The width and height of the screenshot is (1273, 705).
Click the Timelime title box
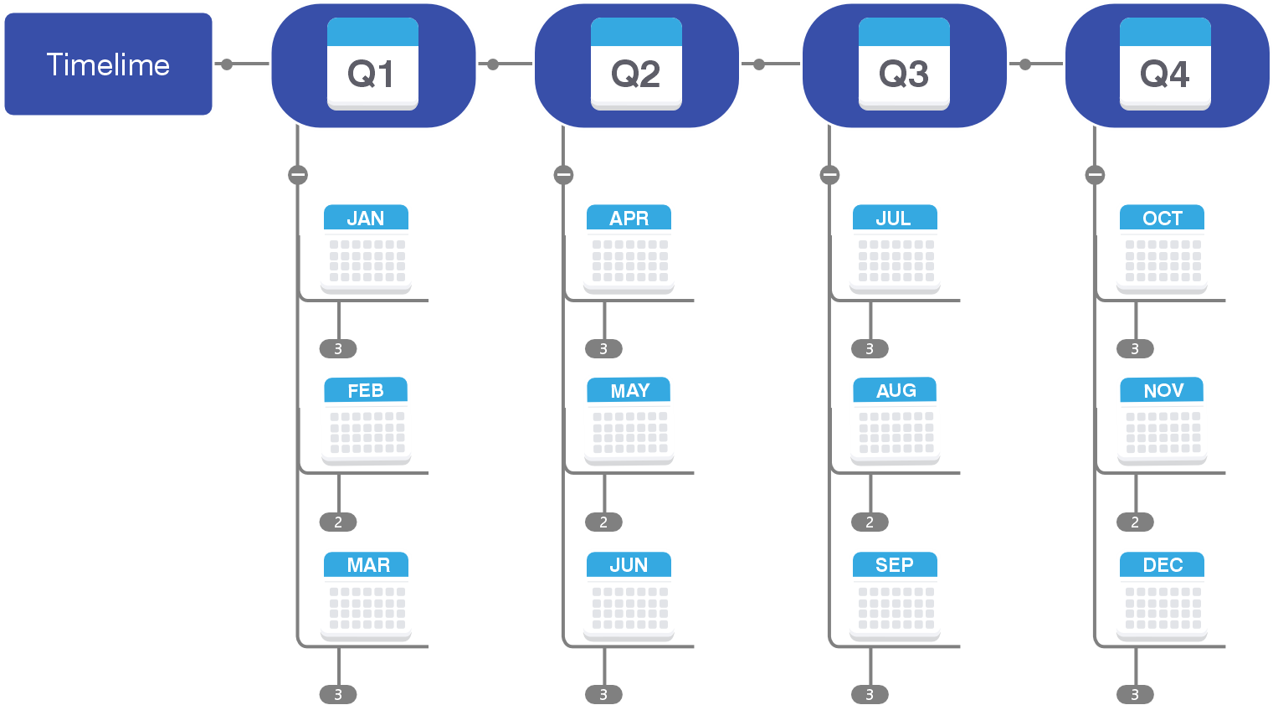108,64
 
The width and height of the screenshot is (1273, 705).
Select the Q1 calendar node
373,65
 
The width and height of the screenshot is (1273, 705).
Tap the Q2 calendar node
636,65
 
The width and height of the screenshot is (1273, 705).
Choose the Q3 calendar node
904,65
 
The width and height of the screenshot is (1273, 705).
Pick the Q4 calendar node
1166,65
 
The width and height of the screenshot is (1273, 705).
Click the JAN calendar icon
366,249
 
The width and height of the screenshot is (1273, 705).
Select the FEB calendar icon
366,420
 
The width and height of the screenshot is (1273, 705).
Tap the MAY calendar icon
629,420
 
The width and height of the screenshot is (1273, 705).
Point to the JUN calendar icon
629,595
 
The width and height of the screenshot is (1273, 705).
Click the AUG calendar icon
896,420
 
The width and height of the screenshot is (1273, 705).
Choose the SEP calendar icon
895,595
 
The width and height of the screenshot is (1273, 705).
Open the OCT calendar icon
1163,249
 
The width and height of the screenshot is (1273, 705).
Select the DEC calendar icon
1163,595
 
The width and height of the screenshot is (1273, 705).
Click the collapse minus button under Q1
298,175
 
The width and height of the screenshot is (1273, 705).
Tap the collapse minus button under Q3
829,175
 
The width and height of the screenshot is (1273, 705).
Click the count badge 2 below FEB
338,522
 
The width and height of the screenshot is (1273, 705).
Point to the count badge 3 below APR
603,349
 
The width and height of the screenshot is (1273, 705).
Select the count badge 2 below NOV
1135,522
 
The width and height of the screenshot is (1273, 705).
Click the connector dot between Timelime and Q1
227,64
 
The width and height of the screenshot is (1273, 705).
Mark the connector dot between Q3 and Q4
1025,64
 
